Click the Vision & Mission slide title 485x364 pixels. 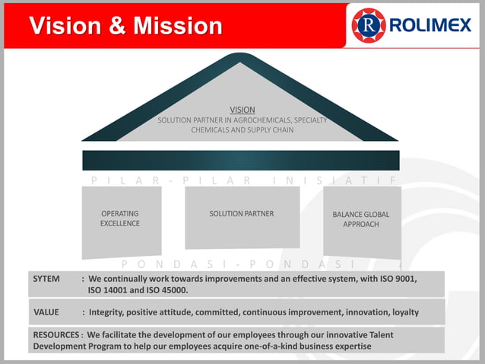pos(125,26)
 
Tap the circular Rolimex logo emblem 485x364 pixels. pos(369,26)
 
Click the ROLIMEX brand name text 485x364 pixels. pos(430,26)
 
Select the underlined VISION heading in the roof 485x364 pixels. pos(242,110)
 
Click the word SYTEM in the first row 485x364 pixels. pos(46,279)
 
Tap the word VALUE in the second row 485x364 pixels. pos(46,312)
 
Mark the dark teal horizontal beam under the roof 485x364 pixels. pos(241,160)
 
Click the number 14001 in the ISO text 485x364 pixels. pos(120,290)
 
